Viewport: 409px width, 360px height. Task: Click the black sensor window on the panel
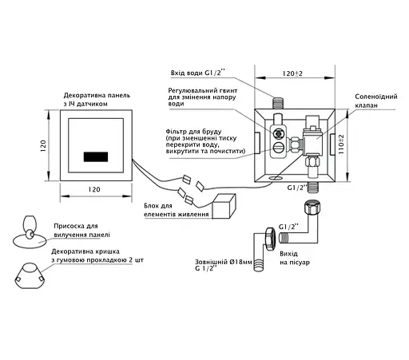coord(96,157)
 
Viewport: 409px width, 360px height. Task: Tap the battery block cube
coord(224,206)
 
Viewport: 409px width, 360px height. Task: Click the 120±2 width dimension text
coord(292,73)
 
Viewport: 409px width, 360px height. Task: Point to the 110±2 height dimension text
coord(341,144)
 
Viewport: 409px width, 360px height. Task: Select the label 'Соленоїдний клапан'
coord(376,101)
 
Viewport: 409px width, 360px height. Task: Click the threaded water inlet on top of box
coord(278,103)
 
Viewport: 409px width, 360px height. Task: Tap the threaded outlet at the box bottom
coord(313,187)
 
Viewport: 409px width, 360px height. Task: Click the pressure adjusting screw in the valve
coord(279,134)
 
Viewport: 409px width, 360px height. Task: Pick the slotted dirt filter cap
coord(279,146)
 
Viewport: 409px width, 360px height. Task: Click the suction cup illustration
coord(30,232)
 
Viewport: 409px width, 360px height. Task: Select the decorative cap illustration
coord(30,276)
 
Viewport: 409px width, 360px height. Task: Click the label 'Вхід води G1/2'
coord(198,73)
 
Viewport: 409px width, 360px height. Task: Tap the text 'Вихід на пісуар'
coord(295,258)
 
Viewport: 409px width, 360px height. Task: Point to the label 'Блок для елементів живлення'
coord(177,210)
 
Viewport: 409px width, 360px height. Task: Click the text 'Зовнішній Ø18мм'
coord(224,262)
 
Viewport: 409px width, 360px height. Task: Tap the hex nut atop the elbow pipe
coord(312,208)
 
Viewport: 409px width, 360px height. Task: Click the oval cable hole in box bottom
coord(276,177)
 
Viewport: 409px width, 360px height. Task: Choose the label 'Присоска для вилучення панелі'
coord(81,231)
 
